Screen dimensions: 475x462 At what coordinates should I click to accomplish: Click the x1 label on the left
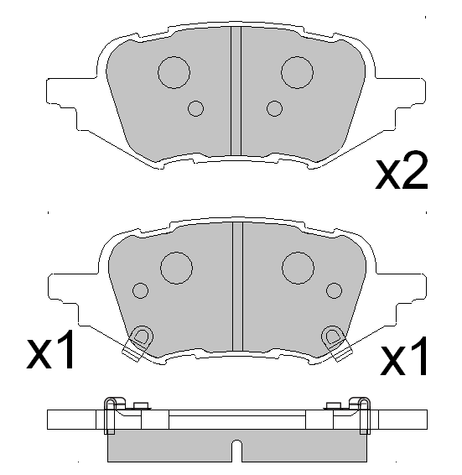51,354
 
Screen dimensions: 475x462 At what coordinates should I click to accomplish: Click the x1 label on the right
405,358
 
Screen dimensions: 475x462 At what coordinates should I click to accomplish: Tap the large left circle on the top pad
174,72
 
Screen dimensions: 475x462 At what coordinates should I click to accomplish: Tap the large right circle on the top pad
297,72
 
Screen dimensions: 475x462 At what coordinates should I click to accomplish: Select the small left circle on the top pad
196,107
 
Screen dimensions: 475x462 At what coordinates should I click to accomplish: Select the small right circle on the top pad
273,107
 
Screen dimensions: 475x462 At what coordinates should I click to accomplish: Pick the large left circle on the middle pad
177,268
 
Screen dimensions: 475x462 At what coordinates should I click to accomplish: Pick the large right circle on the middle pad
298,268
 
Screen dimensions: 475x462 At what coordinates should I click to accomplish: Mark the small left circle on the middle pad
140,290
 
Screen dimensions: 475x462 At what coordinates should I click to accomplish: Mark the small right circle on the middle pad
335,290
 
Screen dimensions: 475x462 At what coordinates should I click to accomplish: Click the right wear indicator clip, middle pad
335,340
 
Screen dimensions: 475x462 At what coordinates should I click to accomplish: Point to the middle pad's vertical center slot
236,285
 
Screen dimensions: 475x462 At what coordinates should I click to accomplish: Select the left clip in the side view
111,416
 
